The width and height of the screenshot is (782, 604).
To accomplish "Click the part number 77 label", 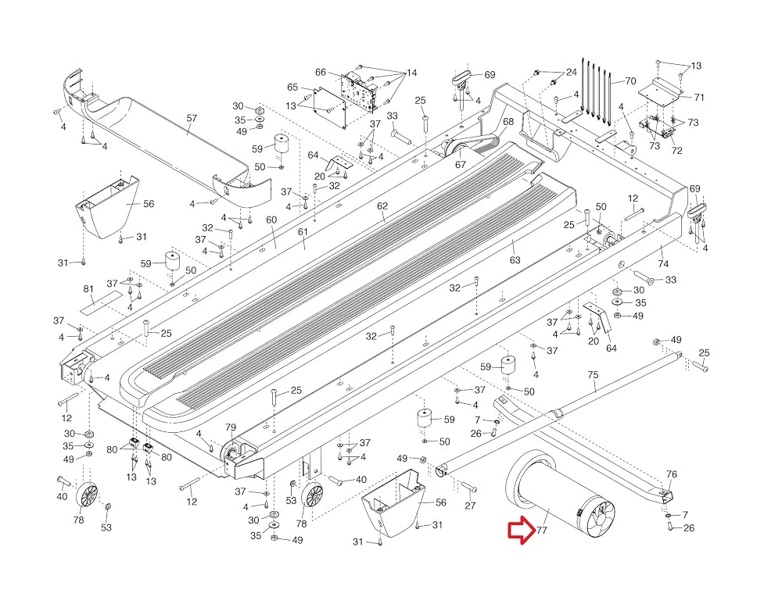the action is coord(542,531).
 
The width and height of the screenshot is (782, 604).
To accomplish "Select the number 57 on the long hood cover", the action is coord(192,118).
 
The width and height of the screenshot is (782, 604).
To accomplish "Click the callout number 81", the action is coord(88,289).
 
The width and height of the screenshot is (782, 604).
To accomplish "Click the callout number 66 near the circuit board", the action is coord(321,72).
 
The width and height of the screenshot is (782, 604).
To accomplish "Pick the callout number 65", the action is coord(292,88).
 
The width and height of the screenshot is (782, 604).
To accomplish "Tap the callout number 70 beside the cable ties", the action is coord(630,80).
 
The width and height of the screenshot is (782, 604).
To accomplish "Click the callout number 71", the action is coord(699,97).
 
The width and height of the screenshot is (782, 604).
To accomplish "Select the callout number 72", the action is coord(676,150).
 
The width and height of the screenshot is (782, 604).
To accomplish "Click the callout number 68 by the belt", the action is coord(508,122).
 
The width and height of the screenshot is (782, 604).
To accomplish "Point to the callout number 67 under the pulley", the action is coord(461,164).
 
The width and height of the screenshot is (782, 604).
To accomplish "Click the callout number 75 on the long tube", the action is coord(593,375).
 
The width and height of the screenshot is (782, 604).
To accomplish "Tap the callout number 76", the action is coord(672,474).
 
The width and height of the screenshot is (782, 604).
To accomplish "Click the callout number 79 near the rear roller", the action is coord(231,427).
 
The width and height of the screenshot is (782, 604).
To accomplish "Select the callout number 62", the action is coord(382,206).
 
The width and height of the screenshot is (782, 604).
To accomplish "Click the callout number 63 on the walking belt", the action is coord(515,259).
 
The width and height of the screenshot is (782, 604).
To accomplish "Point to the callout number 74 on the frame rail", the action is coord(663,263).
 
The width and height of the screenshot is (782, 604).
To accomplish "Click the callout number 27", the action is coord(470,506).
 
